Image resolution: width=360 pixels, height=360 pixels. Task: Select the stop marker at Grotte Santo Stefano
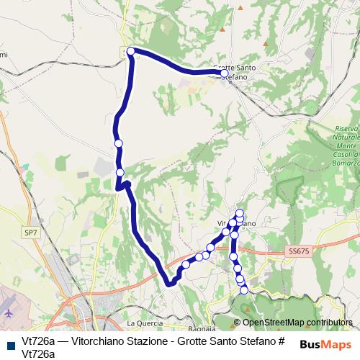224,73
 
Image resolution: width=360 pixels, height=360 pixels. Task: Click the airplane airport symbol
8,314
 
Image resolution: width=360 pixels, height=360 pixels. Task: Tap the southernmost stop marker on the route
244,289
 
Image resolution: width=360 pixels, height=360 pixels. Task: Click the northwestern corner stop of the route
131,51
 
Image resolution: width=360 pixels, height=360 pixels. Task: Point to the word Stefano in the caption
254,341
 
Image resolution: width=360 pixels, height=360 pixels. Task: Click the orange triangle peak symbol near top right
266,43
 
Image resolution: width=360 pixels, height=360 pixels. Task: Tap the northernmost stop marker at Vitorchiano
240,213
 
